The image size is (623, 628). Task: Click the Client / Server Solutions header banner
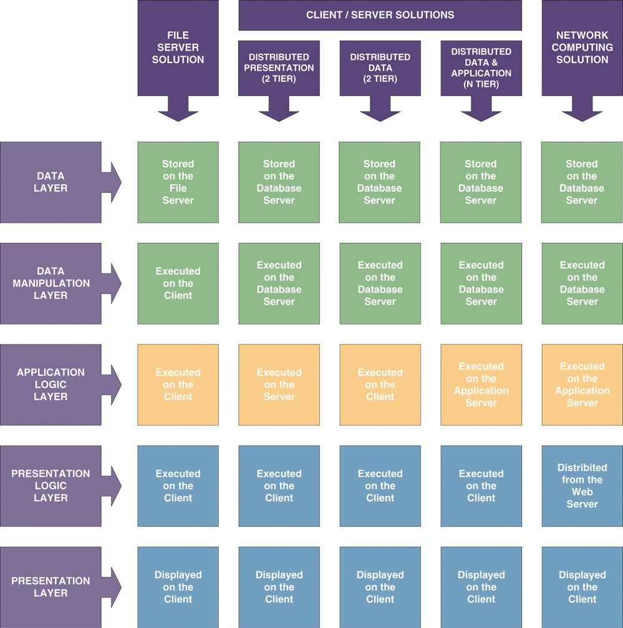380,15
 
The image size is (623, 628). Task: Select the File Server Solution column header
178,48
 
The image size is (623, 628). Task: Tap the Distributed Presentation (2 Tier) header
279,68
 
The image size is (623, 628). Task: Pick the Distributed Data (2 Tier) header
380,68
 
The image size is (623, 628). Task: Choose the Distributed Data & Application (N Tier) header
481,68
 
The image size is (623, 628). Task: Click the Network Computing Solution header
582,48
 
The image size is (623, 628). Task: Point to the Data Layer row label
51,182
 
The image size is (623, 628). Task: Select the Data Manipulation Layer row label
51,283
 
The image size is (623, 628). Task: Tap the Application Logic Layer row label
51,385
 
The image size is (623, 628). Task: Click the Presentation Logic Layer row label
51,486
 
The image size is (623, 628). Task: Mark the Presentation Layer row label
51,587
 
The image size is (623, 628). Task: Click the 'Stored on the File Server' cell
178,182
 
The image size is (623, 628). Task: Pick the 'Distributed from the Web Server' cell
582,486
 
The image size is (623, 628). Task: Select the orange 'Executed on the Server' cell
279,385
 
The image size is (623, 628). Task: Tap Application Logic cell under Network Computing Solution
582,385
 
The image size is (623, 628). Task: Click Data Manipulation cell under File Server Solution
178,283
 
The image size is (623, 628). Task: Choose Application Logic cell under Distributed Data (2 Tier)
380,385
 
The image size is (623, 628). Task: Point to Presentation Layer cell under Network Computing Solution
582,587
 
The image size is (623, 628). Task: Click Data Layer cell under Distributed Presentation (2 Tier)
279,182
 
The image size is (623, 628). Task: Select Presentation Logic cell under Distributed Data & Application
481,486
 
